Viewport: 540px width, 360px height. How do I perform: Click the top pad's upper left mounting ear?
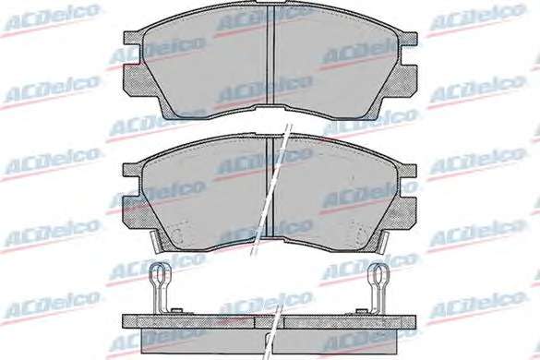(133, 38)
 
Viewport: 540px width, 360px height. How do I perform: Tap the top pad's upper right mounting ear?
(408, 39)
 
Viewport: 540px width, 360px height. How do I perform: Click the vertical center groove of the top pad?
(270, 54)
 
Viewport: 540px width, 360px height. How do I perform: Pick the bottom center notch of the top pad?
(270, 107)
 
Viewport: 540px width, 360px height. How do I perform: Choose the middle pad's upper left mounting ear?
(133, 170)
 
